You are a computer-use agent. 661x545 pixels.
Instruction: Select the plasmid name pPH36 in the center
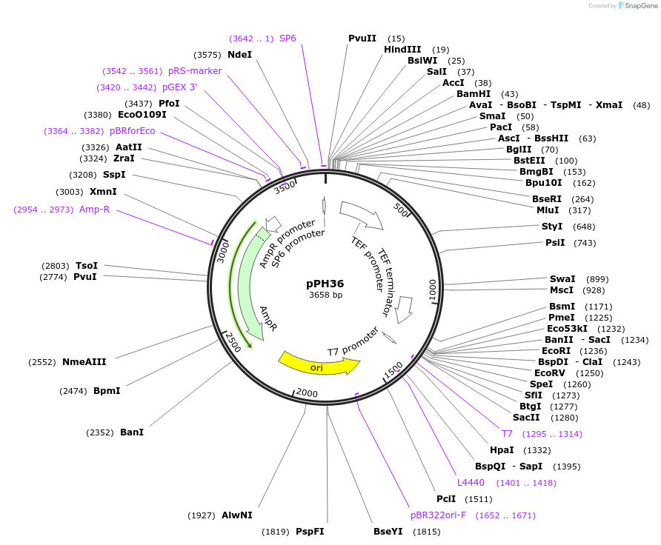point(325,284)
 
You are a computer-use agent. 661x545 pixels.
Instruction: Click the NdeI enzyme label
point(239,55)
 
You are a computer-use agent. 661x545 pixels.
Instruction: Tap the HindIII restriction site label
point(402,50)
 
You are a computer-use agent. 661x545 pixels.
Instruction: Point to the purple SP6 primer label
point(288,39)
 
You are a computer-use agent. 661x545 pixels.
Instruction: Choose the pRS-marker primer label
point(195,71)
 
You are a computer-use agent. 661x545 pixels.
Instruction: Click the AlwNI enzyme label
point(236,515)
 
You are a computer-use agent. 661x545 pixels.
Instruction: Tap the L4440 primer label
point(471,483)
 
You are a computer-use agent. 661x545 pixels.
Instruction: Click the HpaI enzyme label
point(502,450)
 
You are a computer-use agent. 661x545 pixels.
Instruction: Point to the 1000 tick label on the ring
point(434,290)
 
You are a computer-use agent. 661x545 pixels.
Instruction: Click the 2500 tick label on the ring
point(231,342)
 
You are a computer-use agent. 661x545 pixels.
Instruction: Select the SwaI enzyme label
point(562,279)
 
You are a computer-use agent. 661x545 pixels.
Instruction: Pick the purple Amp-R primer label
point(95,210)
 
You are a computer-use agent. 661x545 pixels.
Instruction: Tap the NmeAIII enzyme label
point(84,362)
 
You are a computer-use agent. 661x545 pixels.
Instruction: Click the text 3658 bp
point(325,295)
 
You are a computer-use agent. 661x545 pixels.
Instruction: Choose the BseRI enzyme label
point(547,198)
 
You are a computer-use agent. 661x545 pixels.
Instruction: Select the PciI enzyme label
point(446,499)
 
